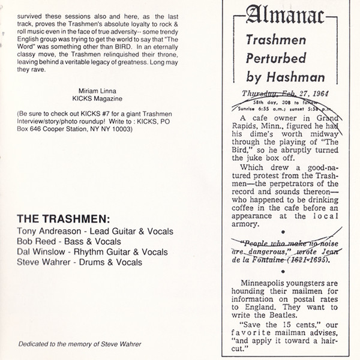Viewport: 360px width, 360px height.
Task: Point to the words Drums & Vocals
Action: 106,262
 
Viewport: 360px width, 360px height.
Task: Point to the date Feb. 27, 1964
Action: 302,94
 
